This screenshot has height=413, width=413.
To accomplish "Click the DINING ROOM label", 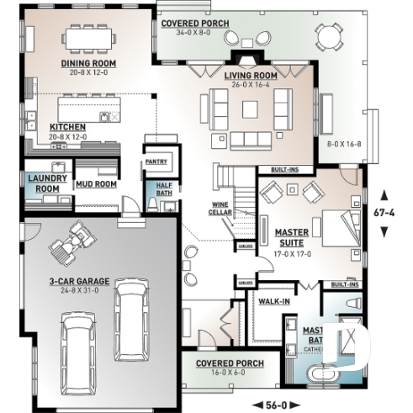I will pyautogui.click(x=87, y=63).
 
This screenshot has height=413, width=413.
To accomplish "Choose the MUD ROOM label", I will pyautogui.click(x=97, y=183).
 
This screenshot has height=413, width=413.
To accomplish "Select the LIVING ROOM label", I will pyautogui.click(x=252, y=76).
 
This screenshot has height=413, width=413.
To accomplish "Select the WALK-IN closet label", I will pyautogui.click(x=273, y=300).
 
